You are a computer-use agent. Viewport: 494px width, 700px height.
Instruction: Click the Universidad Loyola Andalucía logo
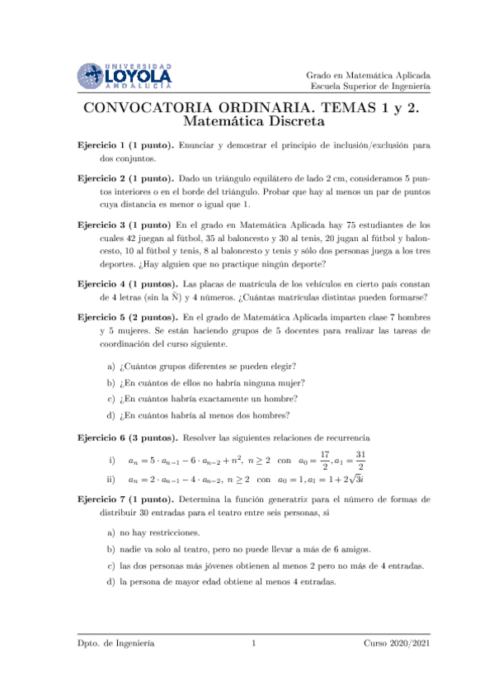[x=125, y=76]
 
